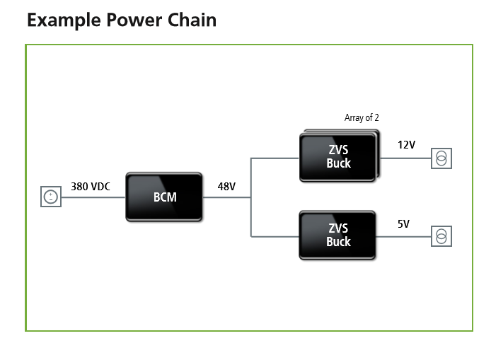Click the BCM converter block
click(163, 197)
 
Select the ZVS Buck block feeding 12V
click(339, 156)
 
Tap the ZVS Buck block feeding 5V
click(337, 235)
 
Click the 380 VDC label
click(91, 187)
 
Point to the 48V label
click(226, 187)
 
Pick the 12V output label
click(406, 145)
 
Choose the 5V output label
click(404, 223)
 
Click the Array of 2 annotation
click(362, 117)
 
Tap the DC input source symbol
click(51, 197)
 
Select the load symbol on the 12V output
click(441, 158)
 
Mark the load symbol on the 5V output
click(441, 236)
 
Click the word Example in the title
click(64, 21)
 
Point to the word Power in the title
click(134, 20)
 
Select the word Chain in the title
click(192, 20)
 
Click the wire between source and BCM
click(93, 197)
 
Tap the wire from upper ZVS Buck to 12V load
click(405, 158)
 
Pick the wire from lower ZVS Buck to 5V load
click(403, 236)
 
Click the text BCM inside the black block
click(165, 197)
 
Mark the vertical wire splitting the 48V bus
click(251, 197)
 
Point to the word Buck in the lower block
click(338, 242)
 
